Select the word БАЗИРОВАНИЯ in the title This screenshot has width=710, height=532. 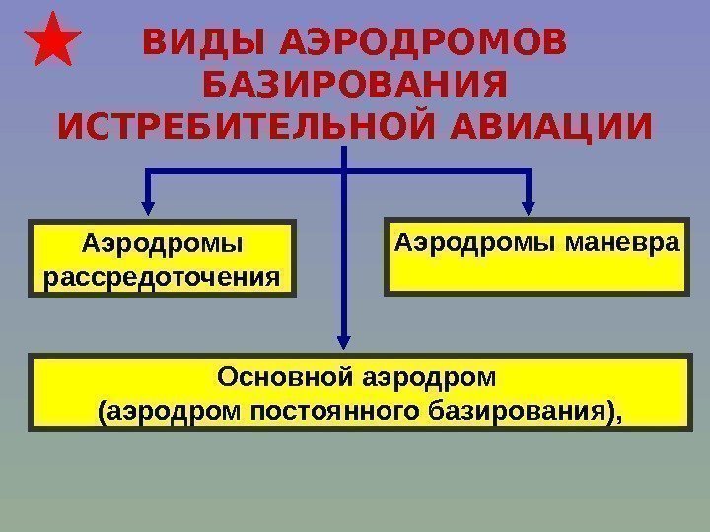click(354, 86)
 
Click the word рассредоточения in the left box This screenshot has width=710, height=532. click(163, 273)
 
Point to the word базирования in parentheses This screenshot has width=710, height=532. click(532, 409)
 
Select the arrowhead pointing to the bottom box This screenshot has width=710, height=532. click(344, 340)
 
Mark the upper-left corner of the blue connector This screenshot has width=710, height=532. click(148, 172)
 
